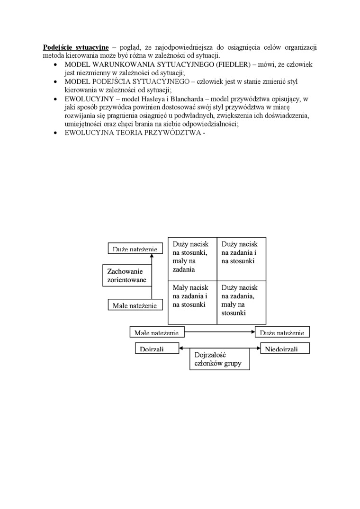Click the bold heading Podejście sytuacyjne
[x=76, y=47]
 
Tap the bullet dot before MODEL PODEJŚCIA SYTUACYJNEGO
[x=57, y=81]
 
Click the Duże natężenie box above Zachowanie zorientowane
[x=135, y=249]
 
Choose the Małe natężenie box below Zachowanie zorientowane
[x=135, y=305]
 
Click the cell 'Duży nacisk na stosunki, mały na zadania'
[x=192, y=258]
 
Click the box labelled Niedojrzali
[x=285, y=349]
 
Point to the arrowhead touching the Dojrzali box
[x=181, y=348]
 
